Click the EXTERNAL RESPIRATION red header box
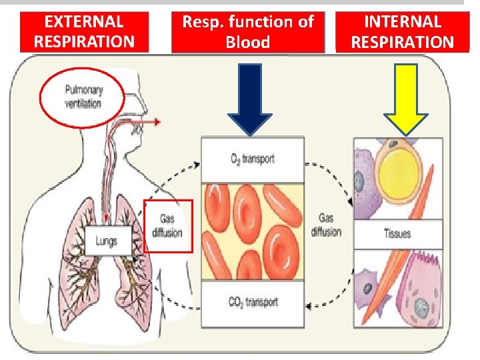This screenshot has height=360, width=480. pos(84,31)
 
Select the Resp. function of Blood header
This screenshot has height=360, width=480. pos(248,31)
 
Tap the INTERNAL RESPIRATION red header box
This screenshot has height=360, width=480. pos(402,31)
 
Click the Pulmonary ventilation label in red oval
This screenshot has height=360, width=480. pos(83,97)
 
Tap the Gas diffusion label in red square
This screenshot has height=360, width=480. pos(167,225)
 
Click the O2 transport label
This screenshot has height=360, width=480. pos(253,159)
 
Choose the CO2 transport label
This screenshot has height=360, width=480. pos(253,302)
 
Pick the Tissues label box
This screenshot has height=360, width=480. pos(398,234)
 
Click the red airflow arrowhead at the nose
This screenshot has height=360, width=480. pos(156,122)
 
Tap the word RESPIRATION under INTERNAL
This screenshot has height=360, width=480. pos(402,43)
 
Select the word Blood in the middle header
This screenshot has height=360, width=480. pos(248,43)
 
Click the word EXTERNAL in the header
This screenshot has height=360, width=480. pos(84,21)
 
